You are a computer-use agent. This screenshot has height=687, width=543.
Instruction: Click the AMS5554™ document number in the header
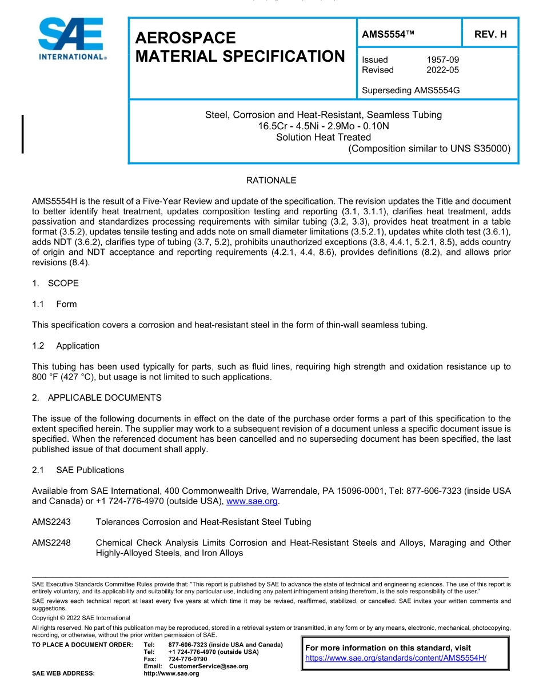(x=388, y=34)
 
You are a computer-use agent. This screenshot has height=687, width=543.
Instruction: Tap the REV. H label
(x=490, y=34)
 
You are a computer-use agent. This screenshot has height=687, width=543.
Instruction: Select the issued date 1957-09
(x=442, y=59)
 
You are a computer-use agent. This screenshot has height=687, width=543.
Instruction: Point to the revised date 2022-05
(x=442, y=70)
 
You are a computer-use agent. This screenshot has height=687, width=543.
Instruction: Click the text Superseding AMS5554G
(x=411, y=90)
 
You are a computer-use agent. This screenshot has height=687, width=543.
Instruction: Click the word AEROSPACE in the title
(x=185, y=38)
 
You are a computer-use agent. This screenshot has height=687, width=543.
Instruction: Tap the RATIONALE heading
(x=271, y=181)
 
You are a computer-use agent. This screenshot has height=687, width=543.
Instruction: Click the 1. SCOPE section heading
(x=55, y=283)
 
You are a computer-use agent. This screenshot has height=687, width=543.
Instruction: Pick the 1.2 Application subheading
(x=66, y=346)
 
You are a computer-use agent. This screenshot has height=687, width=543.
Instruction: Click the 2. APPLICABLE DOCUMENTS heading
(x=97, y=397)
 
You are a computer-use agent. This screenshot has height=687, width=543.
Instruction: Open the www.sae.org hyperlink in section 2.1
(x=252, y=501)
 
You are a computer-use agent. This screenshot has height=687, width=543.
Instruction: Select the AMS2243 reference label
(x=51, y=521)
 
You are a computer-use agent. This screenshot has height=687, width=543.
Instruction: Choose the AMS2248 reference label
(x=51, y=542)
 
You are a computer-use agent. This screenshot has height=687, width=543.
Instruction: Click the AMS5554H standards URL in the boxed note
(x=396, y=658)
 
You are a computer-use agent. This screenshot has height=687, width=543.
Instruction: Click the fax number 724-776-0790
(x=187, y=659)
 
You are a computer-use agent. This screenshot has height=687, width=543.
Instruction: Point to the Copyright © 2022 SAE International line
(x=81, y=618)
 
